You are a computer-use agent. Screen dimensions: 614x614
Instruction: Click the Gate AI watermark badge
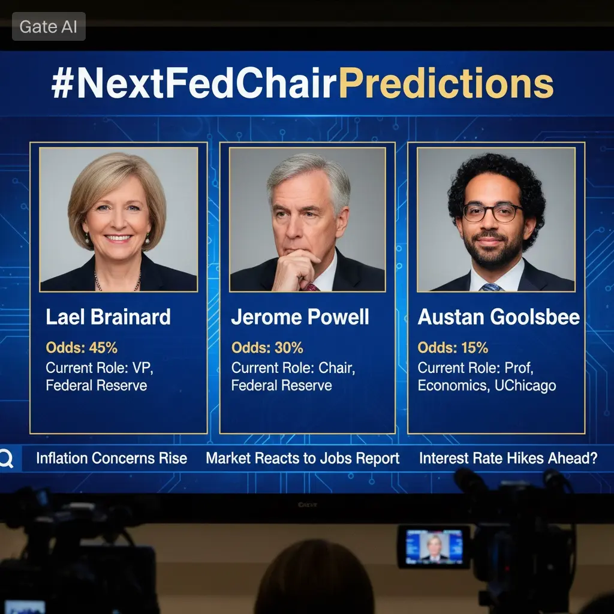click(x=49, y=26)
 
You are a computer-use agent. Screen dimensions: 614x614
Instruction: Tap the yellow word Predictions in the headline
click(x=446, y=83)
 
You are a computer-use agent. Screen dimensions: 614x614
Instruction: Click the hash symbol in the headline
click(x=62, y=83)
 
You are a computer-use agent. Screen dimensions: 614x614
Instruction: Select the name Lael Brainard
click(x=108, y=317)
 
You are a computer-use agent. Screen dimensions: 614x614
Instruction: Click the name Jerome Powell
click(x=300, y=317)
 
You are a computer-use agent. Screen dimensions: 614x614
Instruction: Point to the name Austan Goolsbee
click(x=498, y=317)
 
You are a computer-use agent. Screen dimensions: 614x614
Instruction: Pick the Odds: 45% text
click(x=82, y=348)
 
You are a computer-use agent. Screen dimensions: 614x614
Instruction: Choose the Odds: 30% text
click(x=267, y=348)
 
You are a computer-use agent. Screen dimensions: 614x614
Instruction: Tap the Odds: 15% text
click(x=453, y=348)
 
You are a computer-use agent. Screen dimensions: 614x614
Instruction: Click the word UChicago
click(x=525, y=386)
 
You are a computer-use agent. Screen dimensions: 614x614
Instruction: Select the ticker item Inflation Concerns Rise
click(x=112, y=458)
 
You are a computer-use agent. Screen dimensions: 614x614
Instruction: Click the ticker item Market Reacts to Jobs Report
click(x=303, y=459)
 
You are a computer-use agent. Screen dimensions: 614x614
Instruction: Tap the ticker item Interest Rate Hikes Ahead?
click(x=508, y=458)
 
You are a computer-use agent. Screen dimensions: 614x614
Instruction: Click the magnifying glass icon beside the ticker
click(x=6, y=459)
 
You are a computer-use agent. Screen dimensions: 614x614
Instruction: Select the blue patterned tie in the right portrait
click(x=491, y=287)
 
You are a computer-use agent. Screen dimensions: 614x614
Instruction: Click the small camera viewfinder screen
click(x=434, y=547)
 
